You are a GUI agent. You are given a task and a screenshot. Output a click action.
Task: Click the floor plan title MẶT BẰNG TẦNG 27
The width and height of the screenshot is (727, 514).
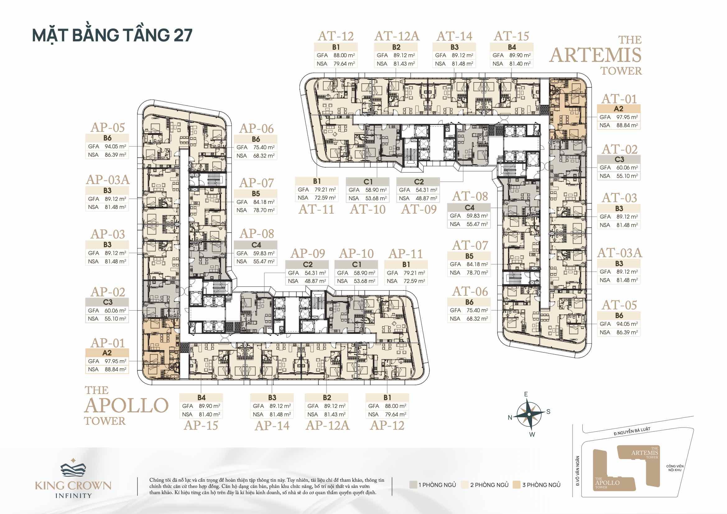(112, 35)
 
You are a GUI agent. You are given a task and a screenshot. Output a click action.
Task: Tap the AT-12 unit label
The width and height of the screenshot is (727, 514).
(336, 36)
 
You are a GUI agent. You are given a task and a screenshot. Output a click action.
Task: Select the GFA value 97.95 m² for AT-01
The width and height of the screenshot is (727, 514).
(627, 117)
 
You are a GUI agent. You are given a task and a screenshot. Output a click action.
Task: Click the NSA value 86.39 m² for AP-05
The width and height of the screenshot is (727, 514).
(115, 155)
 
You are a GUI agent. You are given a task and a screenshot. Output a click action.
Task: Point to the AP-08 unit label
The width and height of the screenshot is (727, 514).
(257, 234)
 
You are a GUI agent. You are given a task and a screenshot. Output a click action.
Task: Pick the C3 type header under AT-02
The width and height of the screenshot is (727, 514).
(619, 159)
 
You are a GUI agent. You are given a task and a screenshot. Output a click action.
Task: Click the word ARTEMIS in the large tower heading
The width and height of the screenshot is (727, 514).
(595, 55)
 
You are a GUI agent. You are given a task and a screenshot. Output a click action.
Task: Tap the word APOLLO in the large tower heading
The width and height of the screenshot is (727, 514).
(126, 405)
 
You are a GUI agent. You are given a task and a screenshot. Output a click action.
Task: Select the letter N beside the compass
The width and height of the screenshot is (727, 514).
(510, 417)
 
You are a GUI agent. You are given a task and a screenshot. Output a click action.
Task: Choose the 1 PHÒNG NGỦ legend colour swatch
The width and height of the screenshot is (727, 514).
(413, 484)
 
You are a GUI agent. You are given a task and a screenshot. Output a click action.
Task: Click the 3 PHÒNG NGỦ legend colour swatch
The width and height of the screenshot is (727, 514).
(516, 484)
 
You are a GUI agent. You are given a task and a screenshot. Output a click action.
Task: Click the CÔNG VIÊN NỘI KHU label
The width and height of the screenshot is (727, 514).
(675, 468)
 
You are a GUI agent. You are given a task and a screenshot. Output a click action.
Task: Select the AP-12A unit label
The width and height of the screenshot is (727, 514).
(327, 426)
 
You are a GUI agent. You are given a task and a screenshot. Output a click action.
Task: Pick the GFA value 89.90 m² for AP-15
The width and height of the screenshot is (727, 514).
(209, 406)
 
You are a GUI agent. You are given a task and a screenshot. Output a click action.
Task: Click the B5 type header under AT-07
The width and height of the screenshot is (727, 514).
(469, 256)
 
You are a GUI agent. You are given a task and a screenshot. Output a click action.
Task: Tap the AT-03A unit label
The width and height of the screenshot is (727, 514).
(619, 253)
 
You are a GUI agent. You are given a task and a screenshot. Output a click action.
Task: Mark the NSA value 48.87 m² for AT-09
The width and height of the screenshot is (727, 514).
(426, 198)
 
